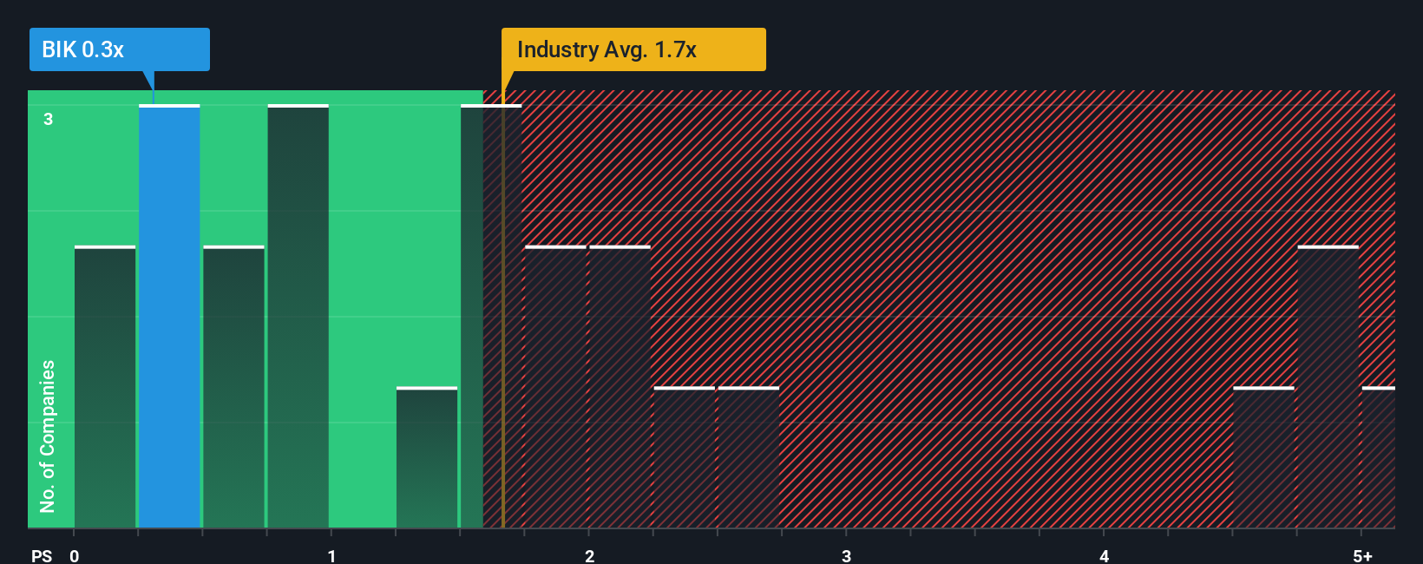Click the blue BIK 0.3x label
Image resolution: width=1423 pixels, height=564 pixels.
tap(119, 49)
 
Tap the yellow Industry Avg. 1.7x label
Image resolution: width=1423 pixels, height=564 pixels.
tap(633, 49)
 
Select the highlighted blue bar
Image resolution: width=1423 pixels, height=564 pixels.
tap(169, 317)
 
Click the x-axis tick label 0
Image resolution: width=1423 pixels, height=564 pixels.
tap(75, 556)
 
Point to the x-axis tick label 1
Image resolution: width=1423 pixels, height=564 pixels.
tap(331, 556)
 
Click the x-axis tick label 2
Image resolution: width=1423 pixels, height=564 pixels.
tap(589, 556)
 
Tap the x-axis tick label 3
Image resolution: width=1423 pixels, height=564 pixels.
tap(846, 556)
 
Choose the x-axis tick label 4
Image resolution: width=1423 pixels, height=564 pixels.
tap(1104, 556)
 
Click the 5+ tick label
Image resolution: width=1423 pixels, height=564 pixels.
tap(1362, 556)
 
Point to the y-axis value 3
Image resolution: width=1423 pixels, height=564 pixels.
tap(49, 119)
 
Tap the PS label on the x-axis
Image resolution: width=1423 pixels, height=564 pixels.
tap(42, 556)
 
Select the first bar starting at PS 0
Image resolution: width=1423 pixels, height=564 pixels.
tap(105, 387)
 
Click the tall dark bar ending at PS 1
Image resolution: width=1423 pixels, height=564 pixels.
tap(298, 317)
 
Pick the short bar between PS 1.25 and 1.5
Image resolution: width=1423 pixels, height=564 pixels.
tap(427, 457)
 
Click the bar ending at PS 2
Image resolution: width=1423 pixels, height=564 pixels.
tap(555, 387)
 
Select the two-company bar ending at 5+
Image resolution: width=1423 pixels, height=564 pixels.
tap(1328, 387)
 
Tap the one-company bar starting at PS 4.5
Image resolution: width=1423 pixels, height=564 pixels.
tap(1263, 457)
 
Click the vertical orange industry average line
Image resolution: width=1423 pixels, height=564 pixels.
tap(502, 347)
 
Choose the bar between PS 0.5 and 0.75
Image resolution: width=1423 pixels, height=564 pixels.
tap(233, 387)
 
